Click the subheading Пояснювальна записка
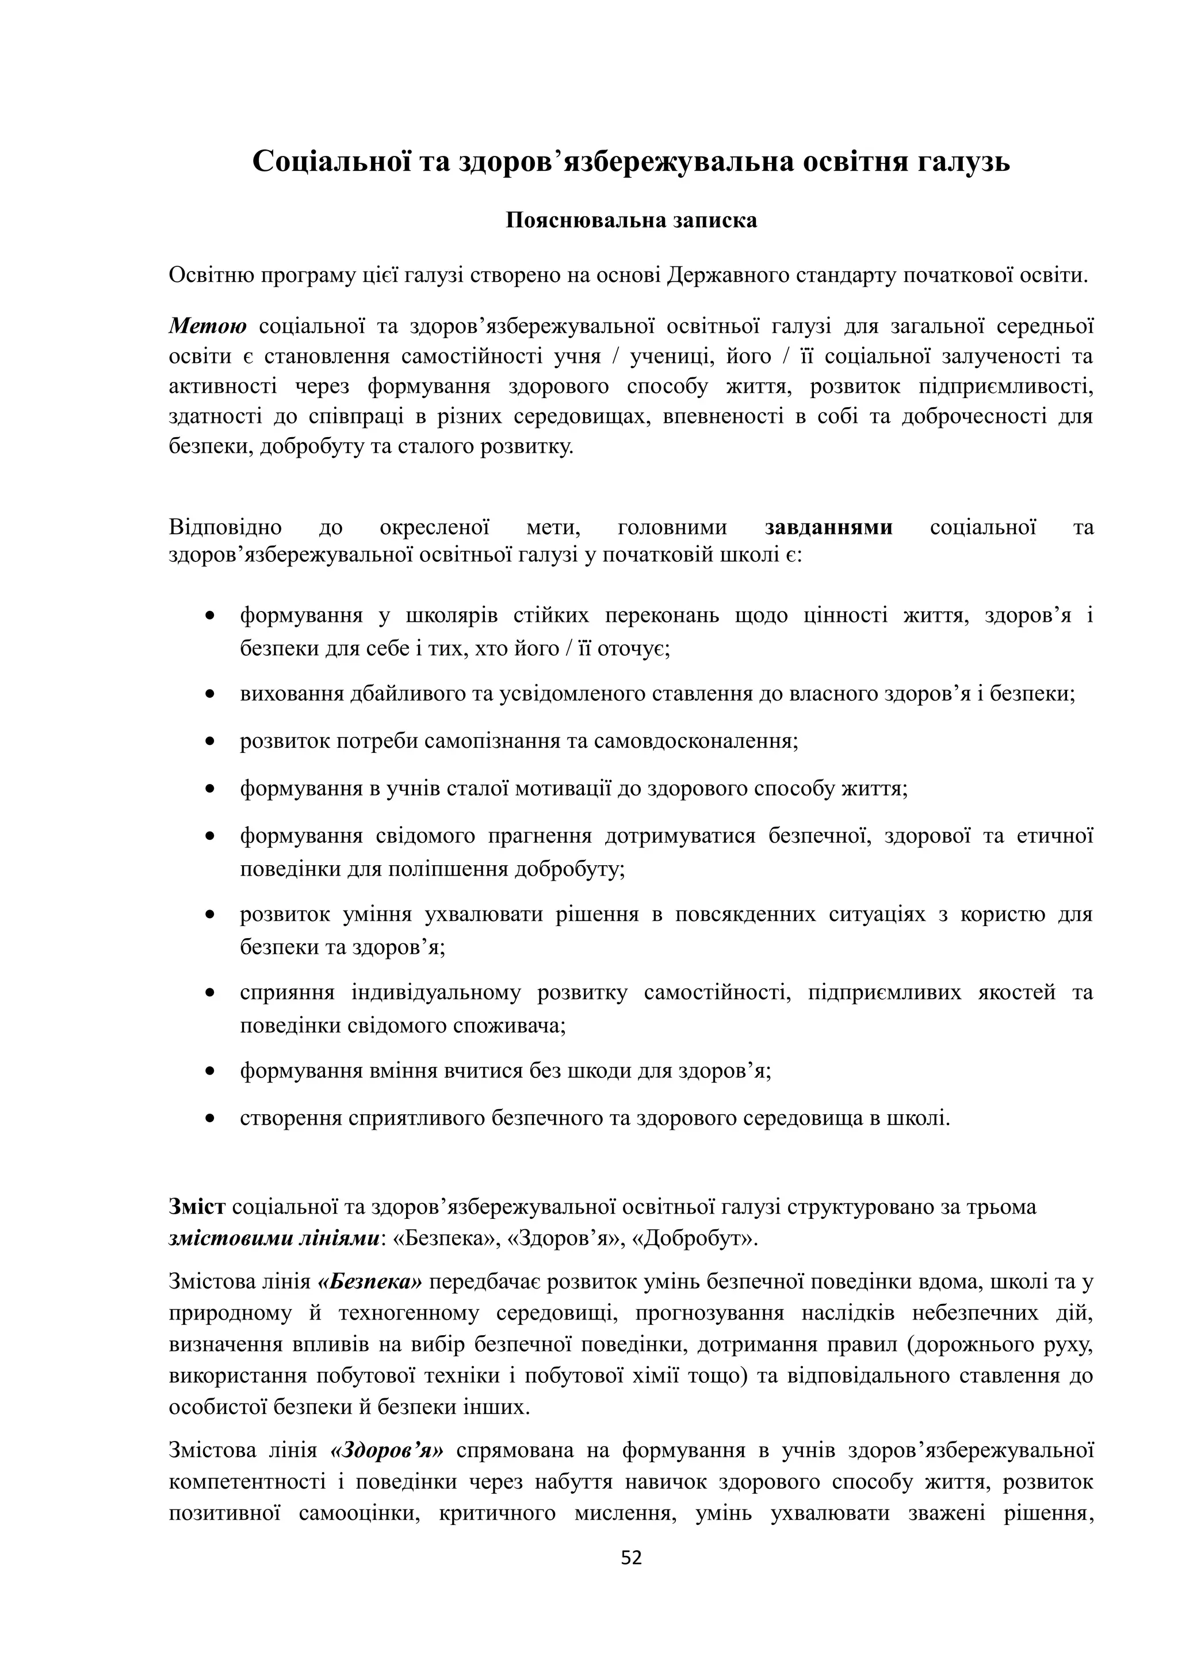(631, 221)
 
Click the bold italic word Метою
(208, 326)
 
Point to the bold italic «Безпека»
(370, 1282)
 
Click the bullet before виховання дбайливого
(211, 694)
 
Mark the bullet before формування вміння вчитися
(211, 1071)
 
